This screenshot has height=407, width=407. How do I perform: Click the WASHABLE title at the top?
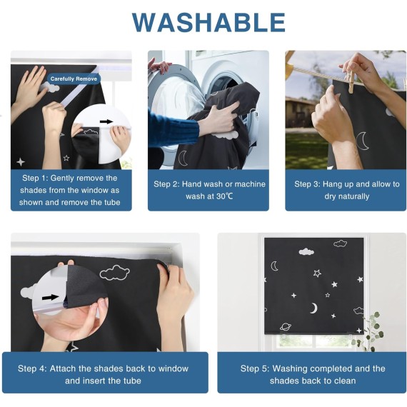208,22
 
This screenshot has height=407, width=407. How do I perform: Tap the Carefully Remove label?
74,79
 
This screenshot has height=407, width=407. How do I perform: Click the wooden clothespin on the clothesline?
349,80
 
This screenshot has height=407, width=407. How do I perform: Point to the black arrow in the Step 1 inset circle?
106,121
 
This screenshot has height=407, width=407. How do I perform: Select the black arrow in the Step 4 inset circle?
51,297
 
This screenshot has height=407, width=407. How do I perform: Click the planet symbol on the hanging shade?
286,326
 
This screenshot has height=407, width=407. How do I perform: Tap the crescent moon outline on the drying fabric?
362,141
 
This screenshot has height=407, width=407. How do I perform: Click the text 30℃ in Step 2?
225,196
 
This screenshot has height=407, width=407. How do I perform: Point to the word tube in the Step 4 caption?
132,381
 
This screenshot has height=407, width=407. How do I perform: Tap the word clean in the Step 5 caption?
345,381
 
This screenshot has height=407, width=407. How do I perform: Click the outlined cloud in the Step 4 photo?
115,273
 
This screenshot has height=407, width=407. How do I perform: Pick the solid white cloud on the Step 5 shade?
306,251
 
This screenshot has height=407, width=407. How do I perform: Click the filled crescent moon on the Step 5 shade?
314,308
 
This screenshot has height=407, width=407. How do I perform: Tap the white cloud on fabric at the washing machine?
225,135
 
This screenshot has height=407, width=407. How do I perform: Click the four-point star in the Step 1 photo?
21,161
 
